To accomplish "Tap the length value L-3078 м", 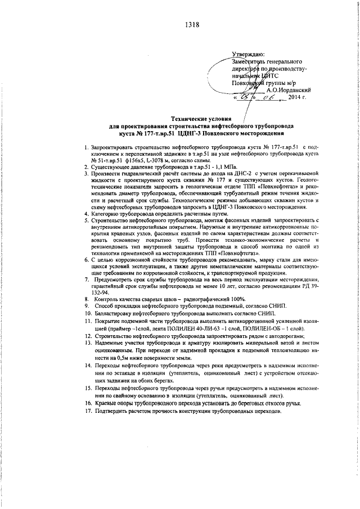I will (x=163, y=160).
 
